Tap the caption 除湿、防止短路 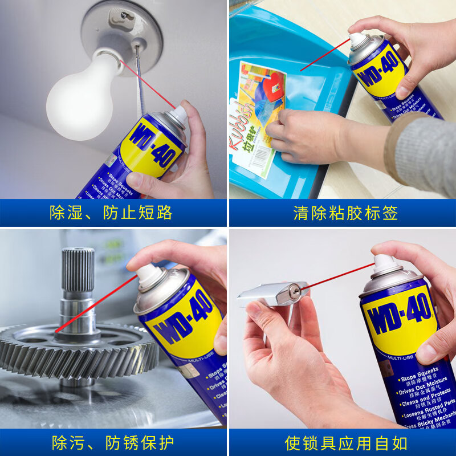point(111,213)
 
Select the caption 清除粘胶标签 point(345,213)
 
